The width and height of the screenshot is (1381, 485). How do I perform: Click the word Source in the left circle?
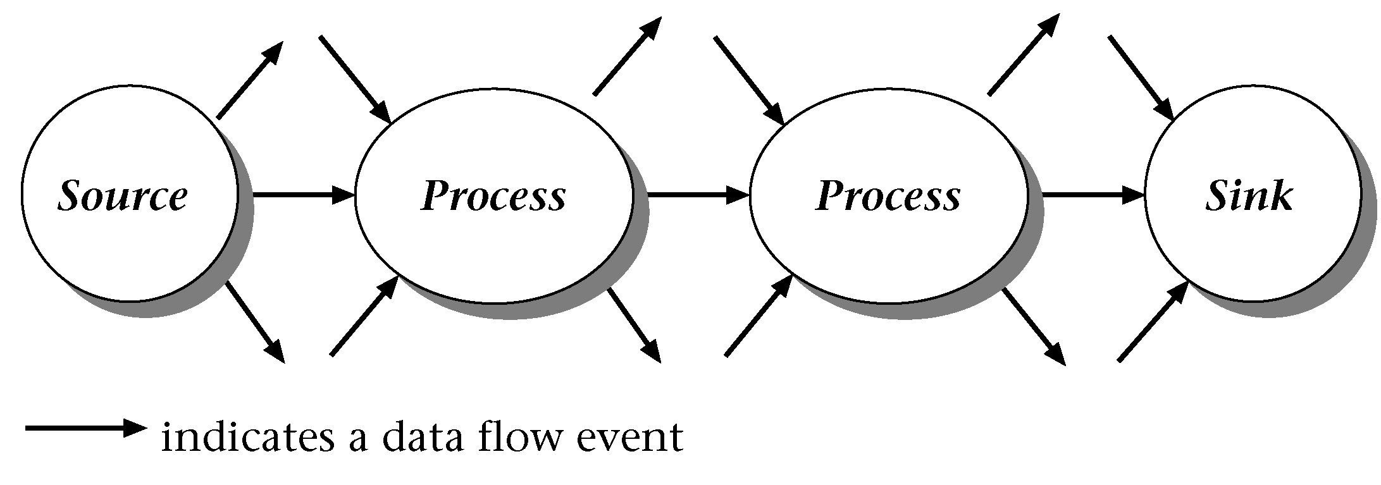(123, 196)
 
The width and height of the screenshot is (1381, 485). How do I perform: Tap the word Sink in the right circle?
(1249, 196)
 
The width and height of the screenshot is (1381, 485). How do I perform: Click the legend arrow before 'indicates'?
(85, 428)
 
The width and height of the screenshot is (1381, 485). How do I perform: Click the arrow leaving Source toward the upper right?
(249, 81)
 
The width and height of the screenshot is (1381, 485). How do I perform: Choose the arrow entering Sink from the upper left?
(1141, 78)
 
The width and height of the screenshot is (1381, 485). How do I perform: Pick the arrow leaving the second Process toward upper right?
(1023, 55)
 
